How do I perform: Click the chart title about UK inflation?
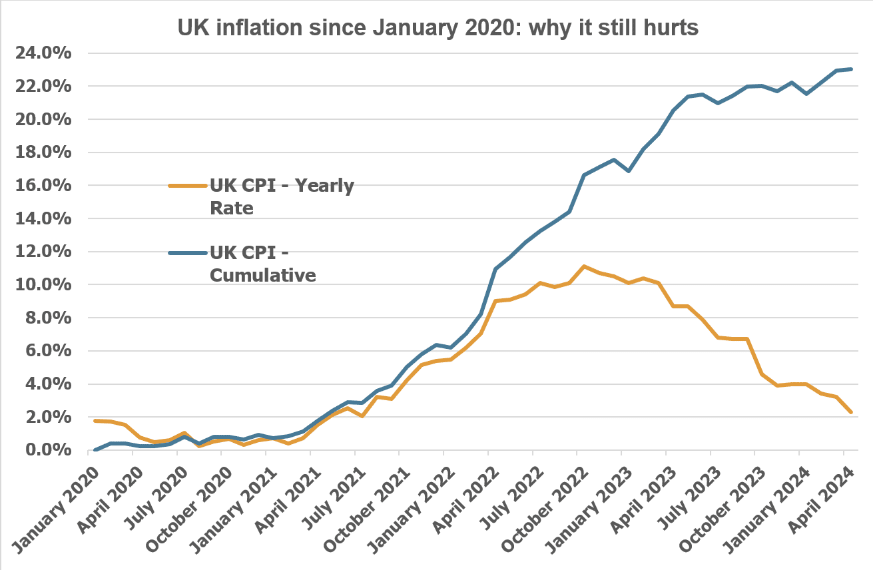437,27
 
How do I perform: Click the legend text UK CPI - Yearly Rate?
281,196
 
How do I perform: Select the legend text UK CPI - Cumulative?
262,263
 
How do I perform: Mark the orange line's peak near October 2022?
583,266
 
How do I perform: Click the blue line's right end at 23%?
851,69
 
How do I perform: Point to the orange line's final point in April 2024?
851,412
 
